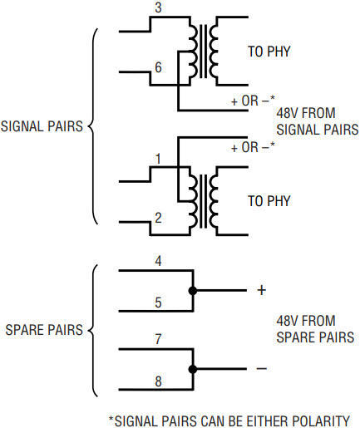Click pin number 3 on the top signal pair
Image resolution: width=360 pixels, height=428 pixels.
[158, 7]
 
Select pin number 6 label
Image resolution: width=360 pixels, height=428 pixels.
[158, 67]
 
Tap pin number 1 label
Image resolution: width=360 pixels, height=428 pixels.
[158, 159]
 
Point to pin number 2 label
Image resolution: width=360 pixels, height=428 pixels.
[158, 218]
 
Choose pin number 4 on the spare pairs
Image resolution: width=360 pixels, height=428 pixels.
[158, 261]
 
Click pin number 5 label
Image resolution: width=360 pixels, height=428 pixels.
[158, 303]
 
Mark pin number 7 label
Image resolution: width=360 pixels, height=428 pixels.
[158, 339]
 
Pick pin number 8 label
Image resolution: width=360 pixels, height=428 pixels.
[158, 381]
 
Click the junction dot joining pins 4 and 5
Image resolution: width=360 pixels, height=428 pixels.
[193, 291]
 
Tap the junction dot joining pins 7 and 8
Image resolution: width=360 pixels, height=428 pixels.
[193, 369]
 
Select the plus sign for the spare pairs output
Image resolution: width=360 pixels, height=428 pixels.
[262, 290]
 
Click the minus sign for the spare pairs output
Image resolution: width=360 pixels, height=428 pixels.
[262, 368]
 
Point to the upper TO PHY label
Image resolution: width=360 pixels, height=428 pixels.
[269, 52]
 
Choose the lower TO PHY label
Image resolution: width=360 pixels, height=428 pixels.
[269, 201]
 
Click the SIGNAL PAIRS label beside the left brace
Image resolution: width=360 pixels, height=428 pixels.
[42, 126]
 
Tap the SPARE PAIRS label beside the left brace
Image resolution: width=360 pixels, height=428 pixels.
[44, 330]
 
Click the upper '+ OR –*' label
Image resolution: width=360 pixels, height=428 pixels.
[253, 101]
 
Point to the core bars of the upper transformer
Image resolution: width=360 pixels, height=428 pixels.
[204, 52]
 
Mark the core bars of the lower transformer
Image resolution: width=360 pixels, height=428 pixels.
[204, 201]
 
